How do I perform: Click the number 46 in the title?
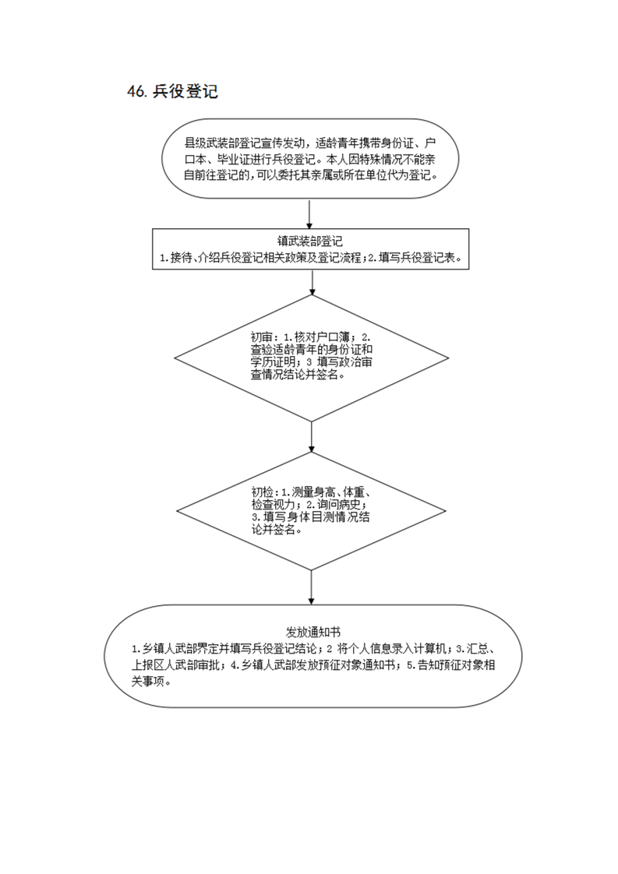pos(136,92)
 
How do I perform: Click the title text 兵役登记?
pos(185,92)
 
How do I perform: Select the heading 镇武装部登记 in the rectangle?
pos(310,241)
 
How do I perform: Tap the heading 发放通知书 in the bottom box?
pos(313,632)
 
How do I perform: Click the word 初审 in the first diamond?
pos(261,337)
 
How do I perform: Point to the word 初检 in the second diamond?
pos(262,492)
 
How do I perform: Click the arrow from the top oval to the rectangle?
pos(309,213)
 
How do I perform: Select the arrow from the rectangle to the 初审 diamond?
pos(312,282)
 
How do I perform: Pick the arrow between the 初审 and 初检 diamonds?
pos(312,437)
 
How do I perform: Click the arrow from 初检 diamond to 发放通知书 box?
pos(311,587)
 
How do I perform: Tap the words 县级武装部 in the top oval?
pos(212,143)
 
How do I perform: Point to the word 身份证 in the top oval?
pos(397,143)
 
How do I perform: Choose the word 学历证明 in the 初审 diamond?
pos(273,362)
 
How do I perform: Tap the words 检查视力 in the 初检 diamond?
pos(274,505)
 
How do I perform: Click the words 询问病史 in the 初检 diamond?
pos(341,505)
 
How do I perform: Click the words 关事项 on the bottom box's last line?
pos(148,682)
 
